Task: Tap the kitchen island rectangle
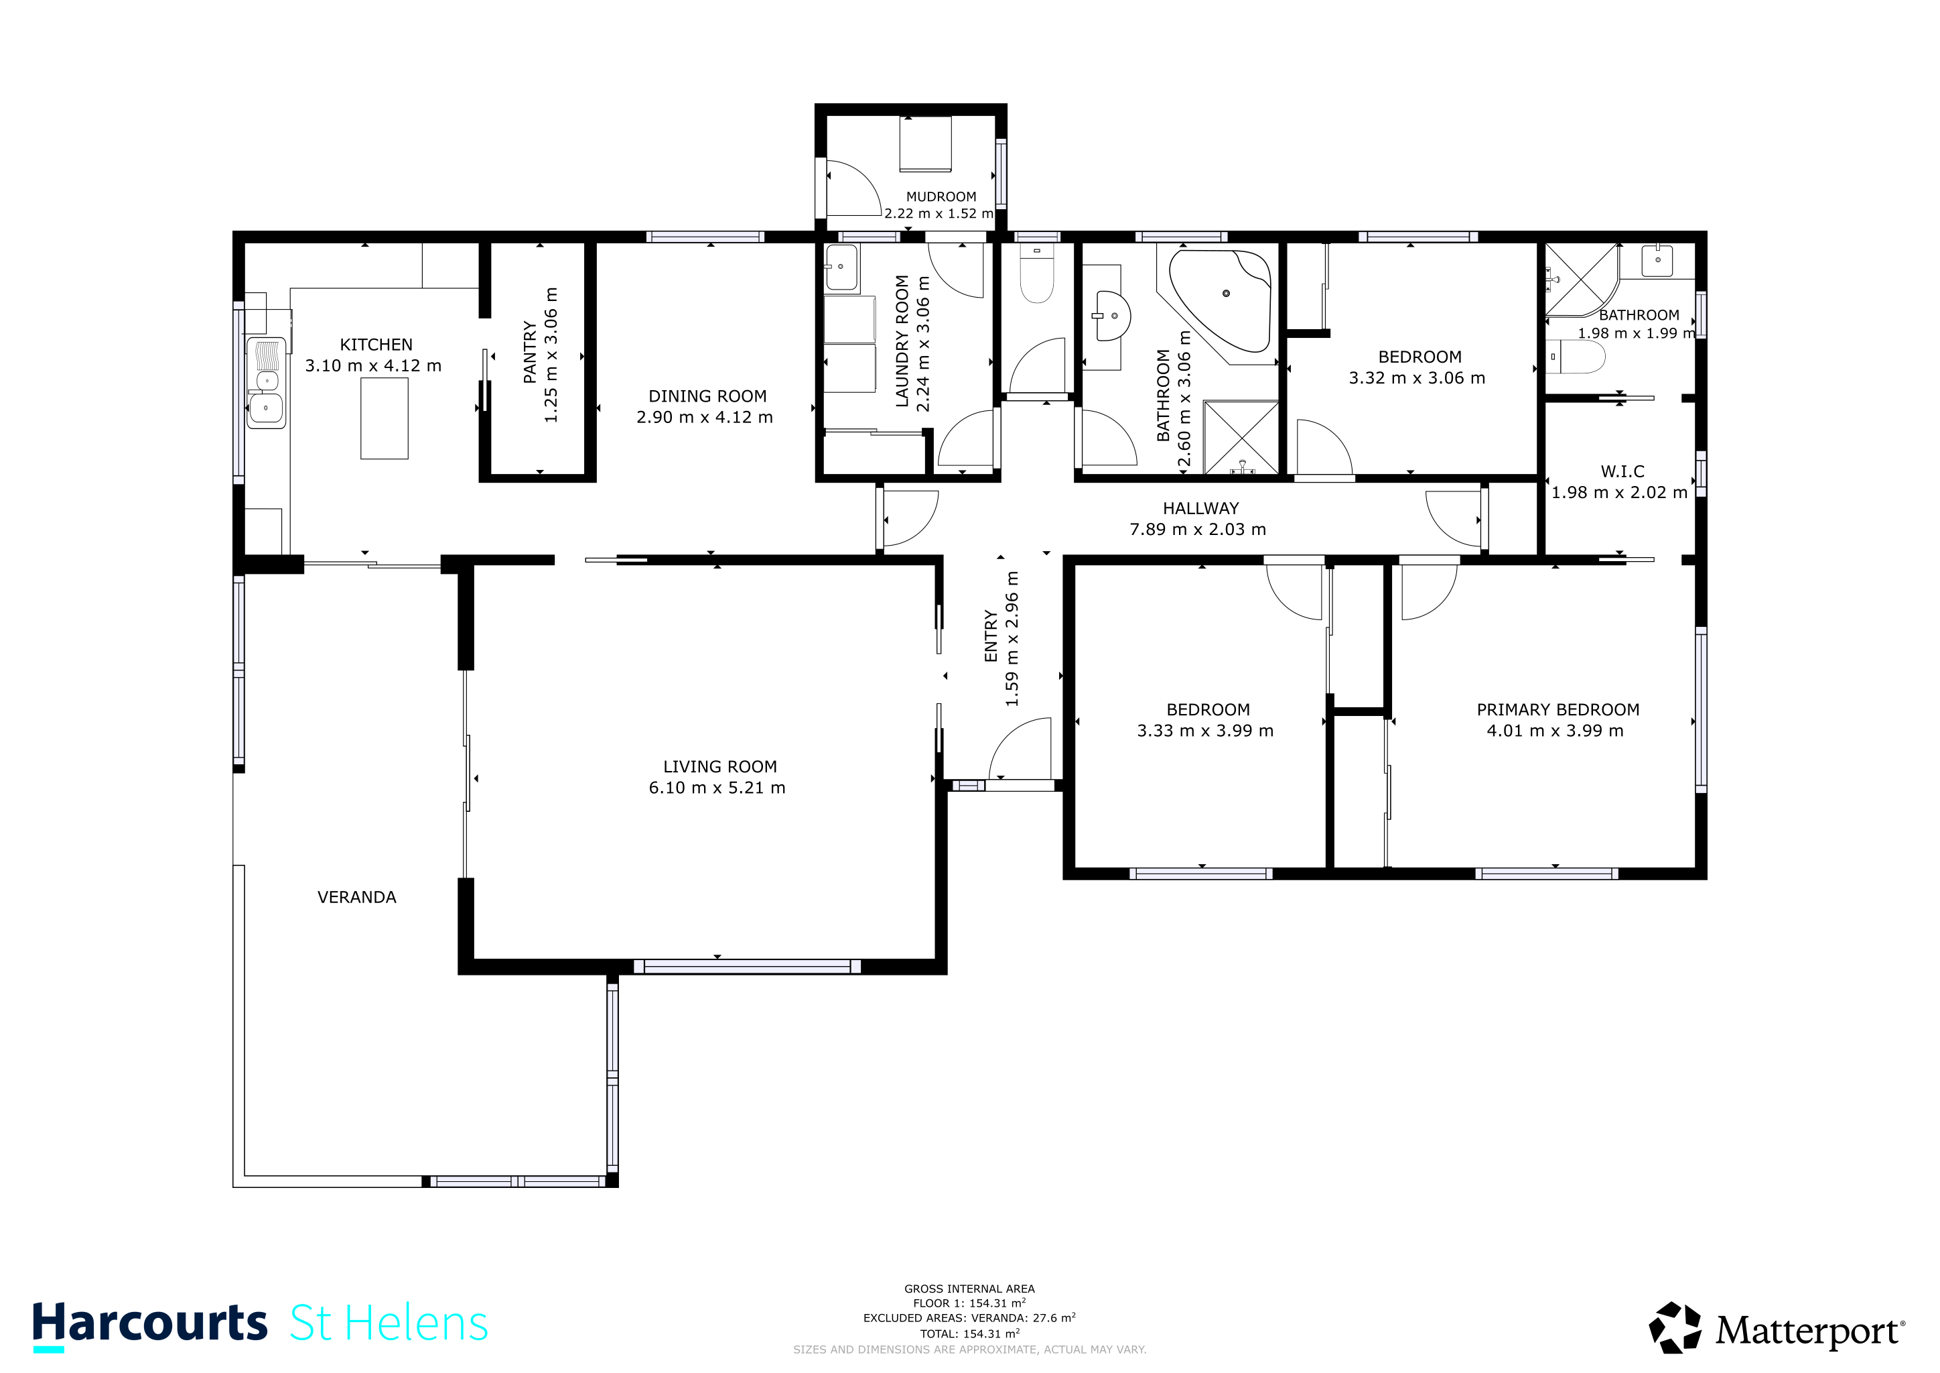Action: point(385,418)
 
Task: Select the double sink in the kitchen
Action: point(266,382)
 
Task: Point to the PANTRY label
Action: point(530,352)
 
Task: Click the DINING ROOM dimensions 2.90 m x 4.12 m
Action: point(705,418)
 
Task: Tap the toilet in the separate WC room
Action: point(1037,274)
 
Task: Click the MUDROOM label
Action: point(941,197)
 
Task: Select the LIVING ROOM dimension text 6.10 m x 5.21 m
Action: point(717,788)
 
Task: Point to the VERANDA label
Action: point(356,897)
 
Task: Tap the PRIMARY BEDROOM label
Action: point(1558,710)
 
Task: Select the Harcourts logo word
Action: point(149,1324)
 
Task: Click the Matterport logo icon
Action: point(1675,1328)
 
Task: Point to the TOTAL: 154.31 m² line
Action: point(970,1334)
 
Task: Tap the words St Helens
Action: point(389,1324)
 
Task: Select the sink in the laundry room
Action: point(841,267)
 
